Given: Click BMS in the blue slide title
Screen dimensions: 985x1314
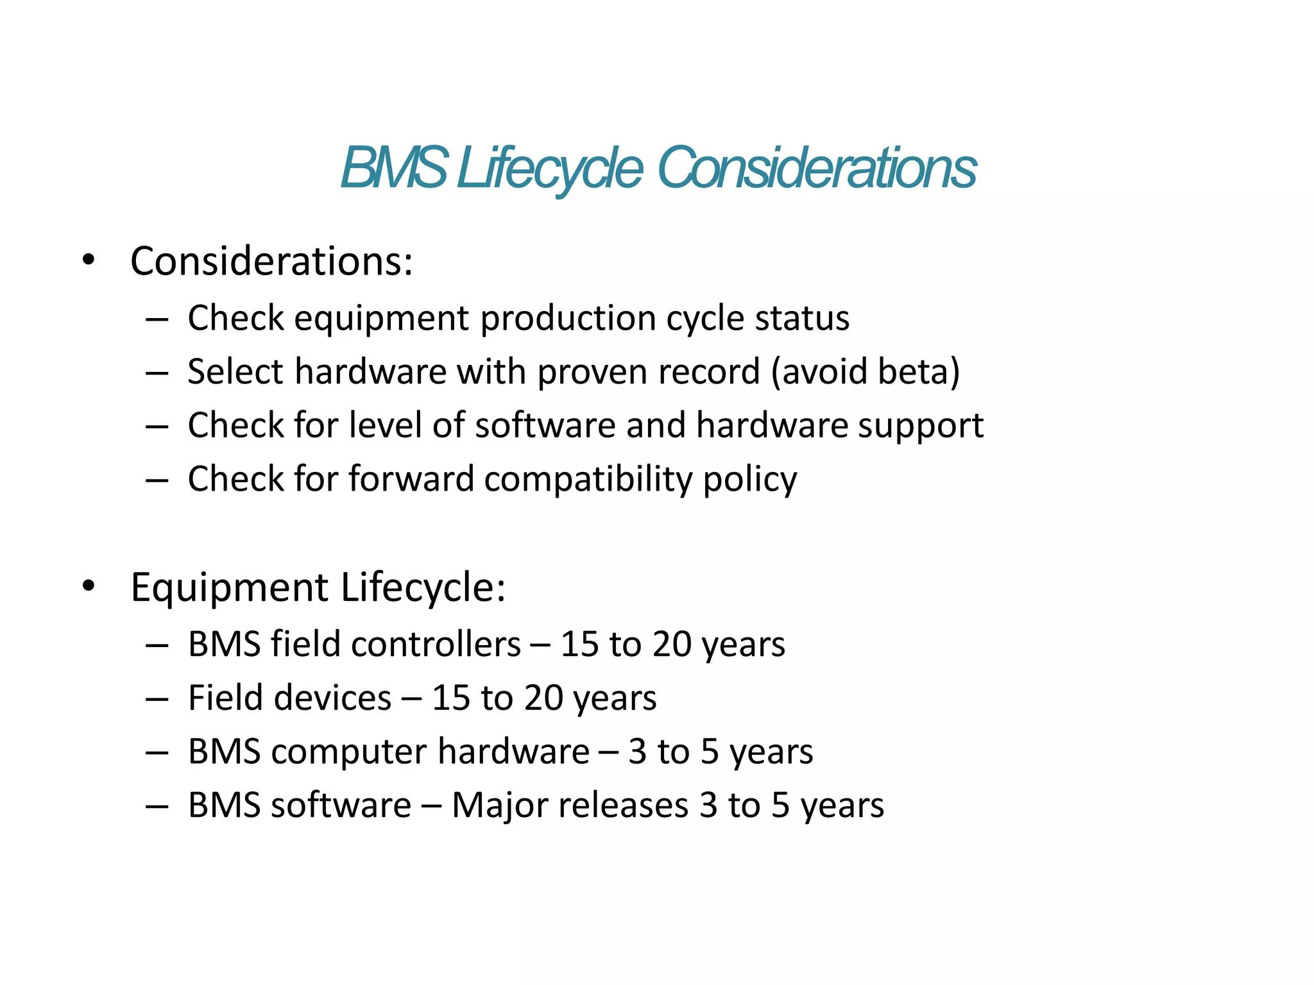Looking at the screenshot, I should pos(393,168).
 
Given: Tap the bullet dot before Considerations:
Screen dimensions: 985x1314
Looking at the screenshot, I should pos(89,260).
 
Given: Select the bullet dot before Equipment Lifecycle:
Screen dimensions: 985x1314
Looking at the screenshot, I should pos(89,585).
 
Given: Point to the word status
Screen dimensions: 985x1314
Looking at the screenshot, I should pos(802,318).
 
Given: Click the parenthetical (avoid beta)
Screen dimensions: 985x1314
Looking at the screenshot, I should pos(866,371).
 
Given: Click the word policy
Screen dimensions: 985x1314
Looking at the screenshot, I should pos(750,480).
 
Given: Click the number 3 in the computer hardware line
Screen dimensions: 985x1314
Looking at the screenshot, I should pos(637,752).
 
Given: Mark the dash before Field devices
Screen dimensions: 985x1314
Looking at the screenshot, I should pos(157,698).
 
